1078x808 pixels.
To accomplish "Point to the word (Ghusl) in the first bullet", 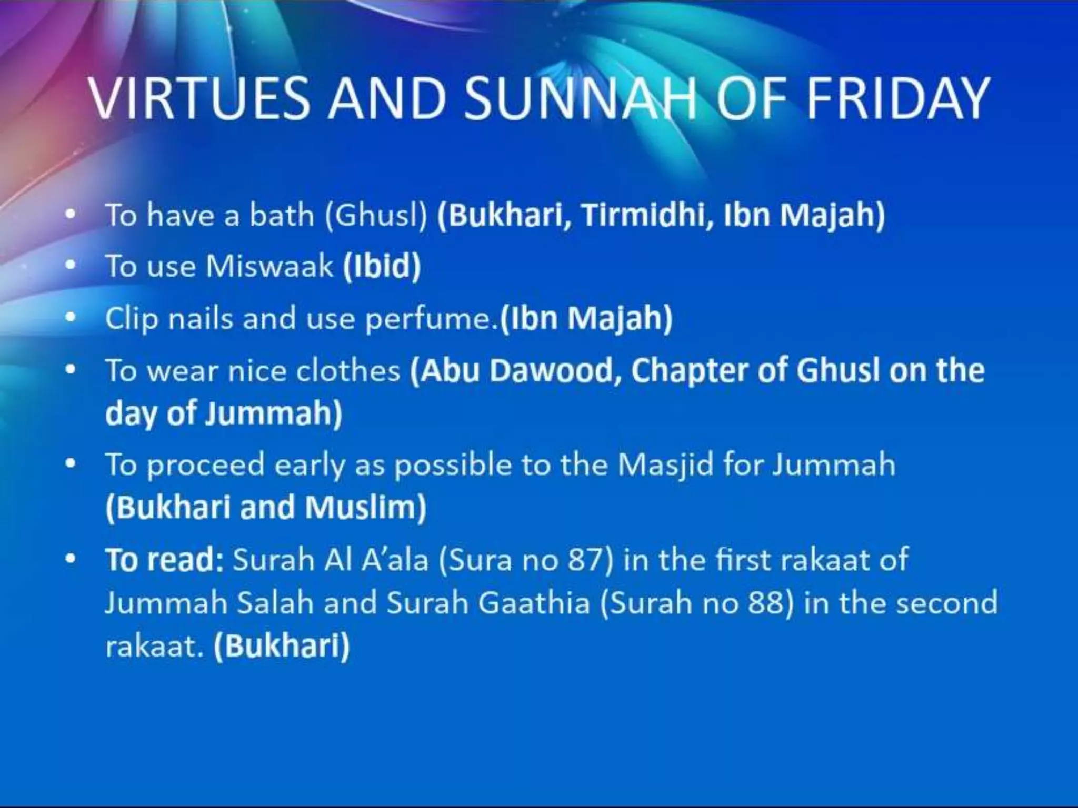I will pyautogui.click(x=375, y=215).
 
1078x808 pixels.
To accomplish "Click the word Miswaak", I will pyautogui.click(x=269, y=266).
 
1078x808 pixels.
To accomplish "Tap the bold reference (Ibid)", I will pyautogui.click(x=382, y=266).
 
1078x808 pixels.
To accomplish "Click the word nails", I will pyautogui.click(x=200, y=319).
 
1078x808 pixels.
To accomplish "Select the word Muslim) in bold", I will pyautogui.click(x=365, y=507).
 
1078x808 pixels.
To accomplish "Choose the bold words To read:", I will pyautogui.click(x=165, y=560).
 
